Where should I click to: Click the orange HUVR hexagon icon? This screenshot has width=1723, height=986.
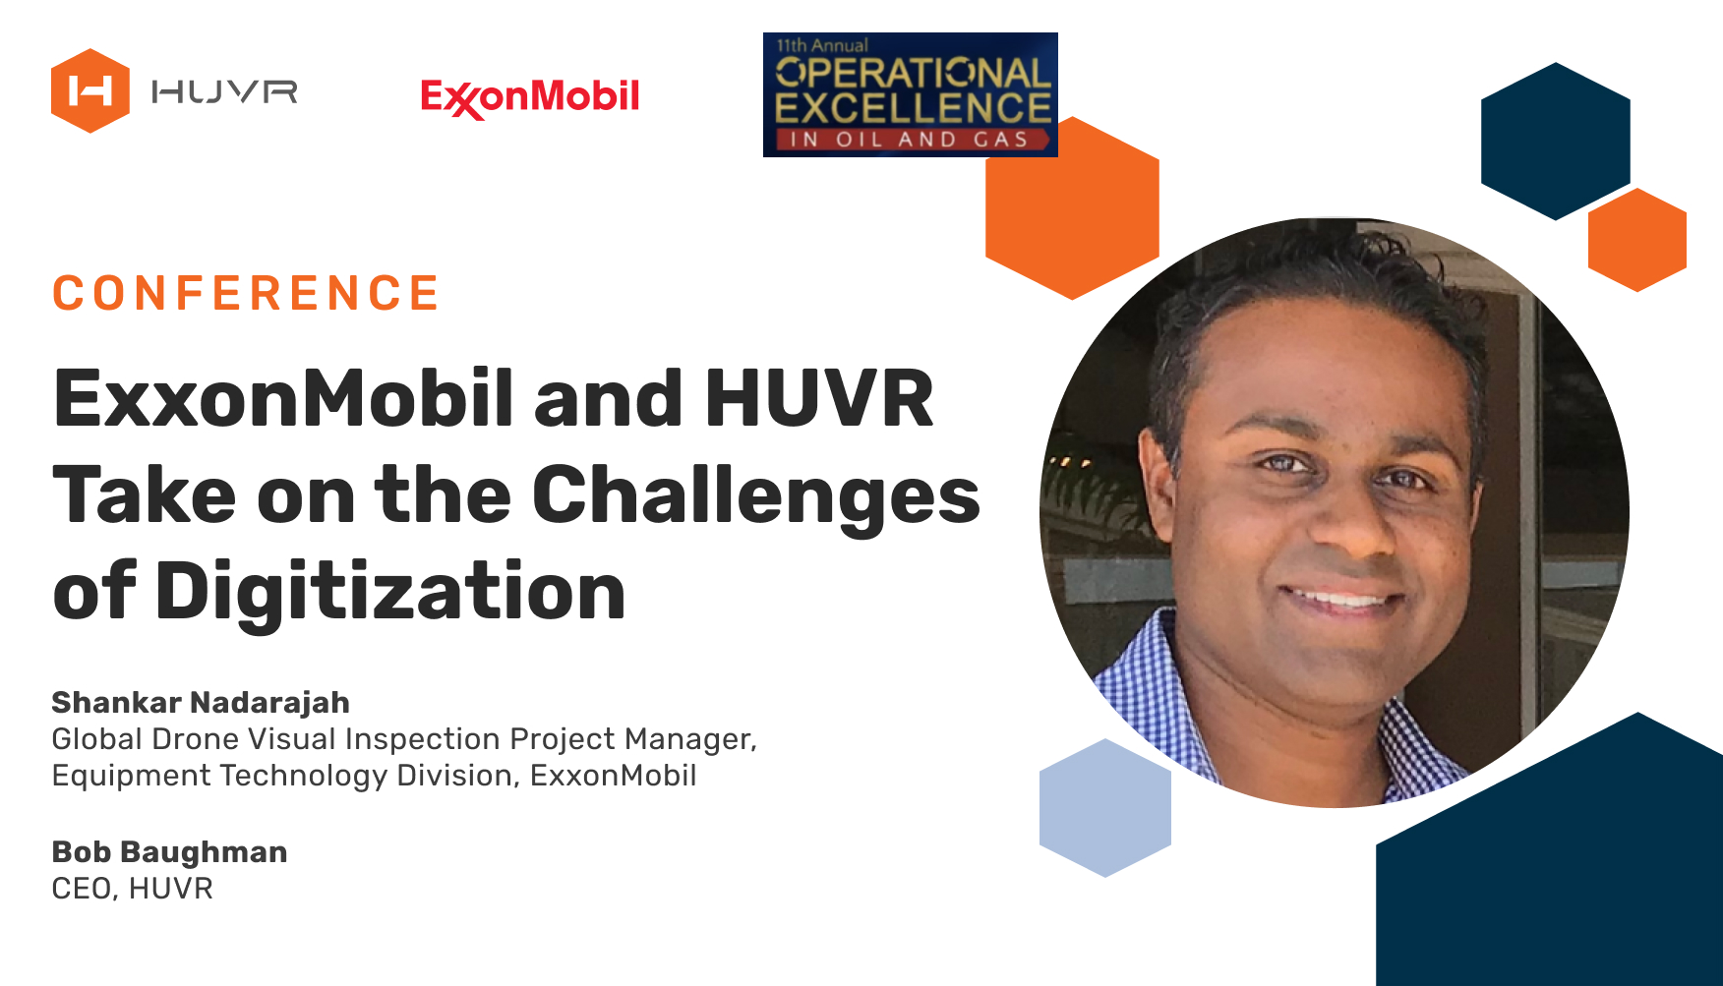[90, 90]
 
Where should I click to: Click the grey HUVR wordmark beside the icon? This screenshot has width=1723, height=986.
[224, 92]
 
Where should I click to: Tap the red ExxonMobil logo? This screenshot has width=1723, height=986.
[530, 97]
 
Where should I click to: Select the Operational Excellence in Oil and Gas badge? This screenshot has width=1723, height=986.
[911, 94]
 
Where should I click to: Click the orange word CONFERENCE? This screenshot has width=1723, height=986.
[246, 293]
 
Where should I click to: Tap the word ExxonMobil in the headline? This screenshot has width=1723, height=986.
[283, 398]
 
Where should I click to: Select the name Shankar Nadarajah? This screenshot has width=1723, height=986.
[201, 702]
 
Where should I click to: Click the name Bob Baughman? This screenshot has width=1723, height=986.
[169, 851]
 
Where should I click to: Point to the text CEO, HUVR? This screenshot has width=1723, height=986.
[132, 889]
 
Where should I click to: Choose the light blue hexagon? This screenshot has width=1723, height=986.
[1105, 807]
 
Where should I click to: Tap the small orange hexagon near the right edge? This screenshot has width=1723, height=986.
[1637, 240]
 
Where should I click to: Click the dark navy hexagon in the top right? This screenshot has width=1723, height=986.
[1556, 142]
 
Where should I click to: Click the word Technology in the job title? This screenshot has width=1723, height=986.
[304, 776]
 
